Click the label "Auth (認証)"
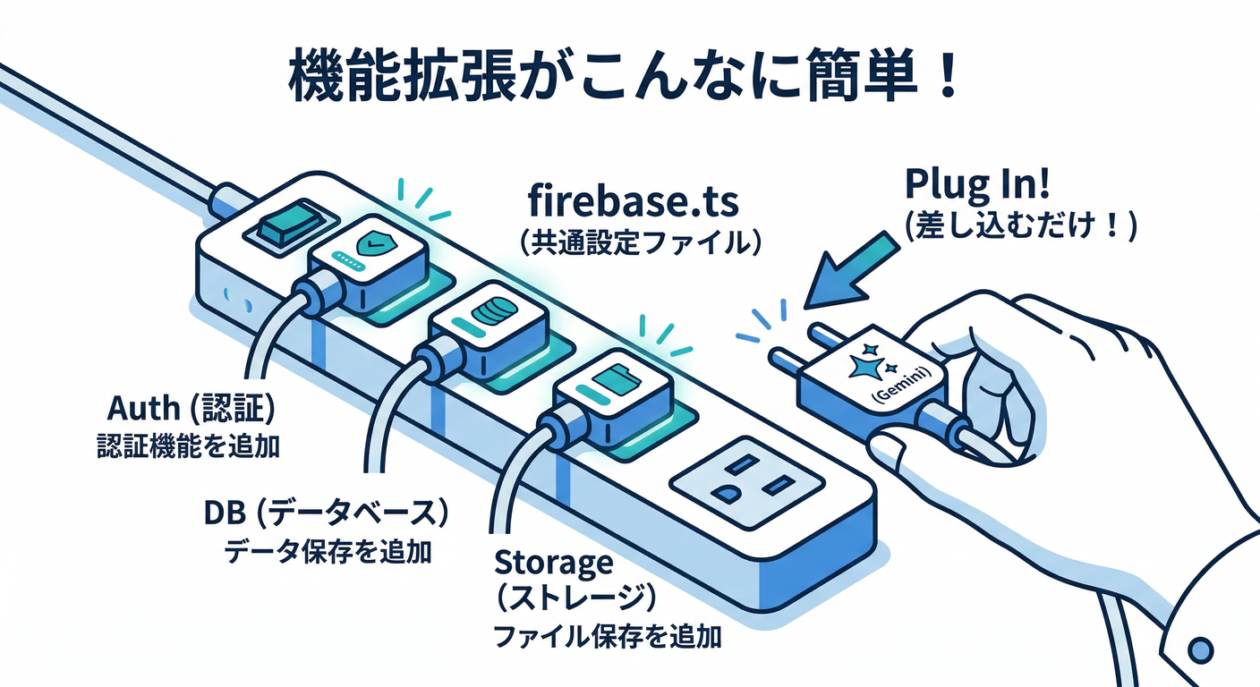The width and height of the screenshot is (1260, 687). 190,410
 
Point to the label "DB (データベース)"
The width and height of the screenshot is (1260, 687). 326,514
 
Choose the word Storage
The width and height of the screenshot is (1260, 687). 554,564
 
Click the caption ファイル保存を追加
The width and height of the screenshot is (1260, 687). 608,637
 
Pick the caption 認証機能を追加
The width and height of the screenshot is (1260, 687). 188,445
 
